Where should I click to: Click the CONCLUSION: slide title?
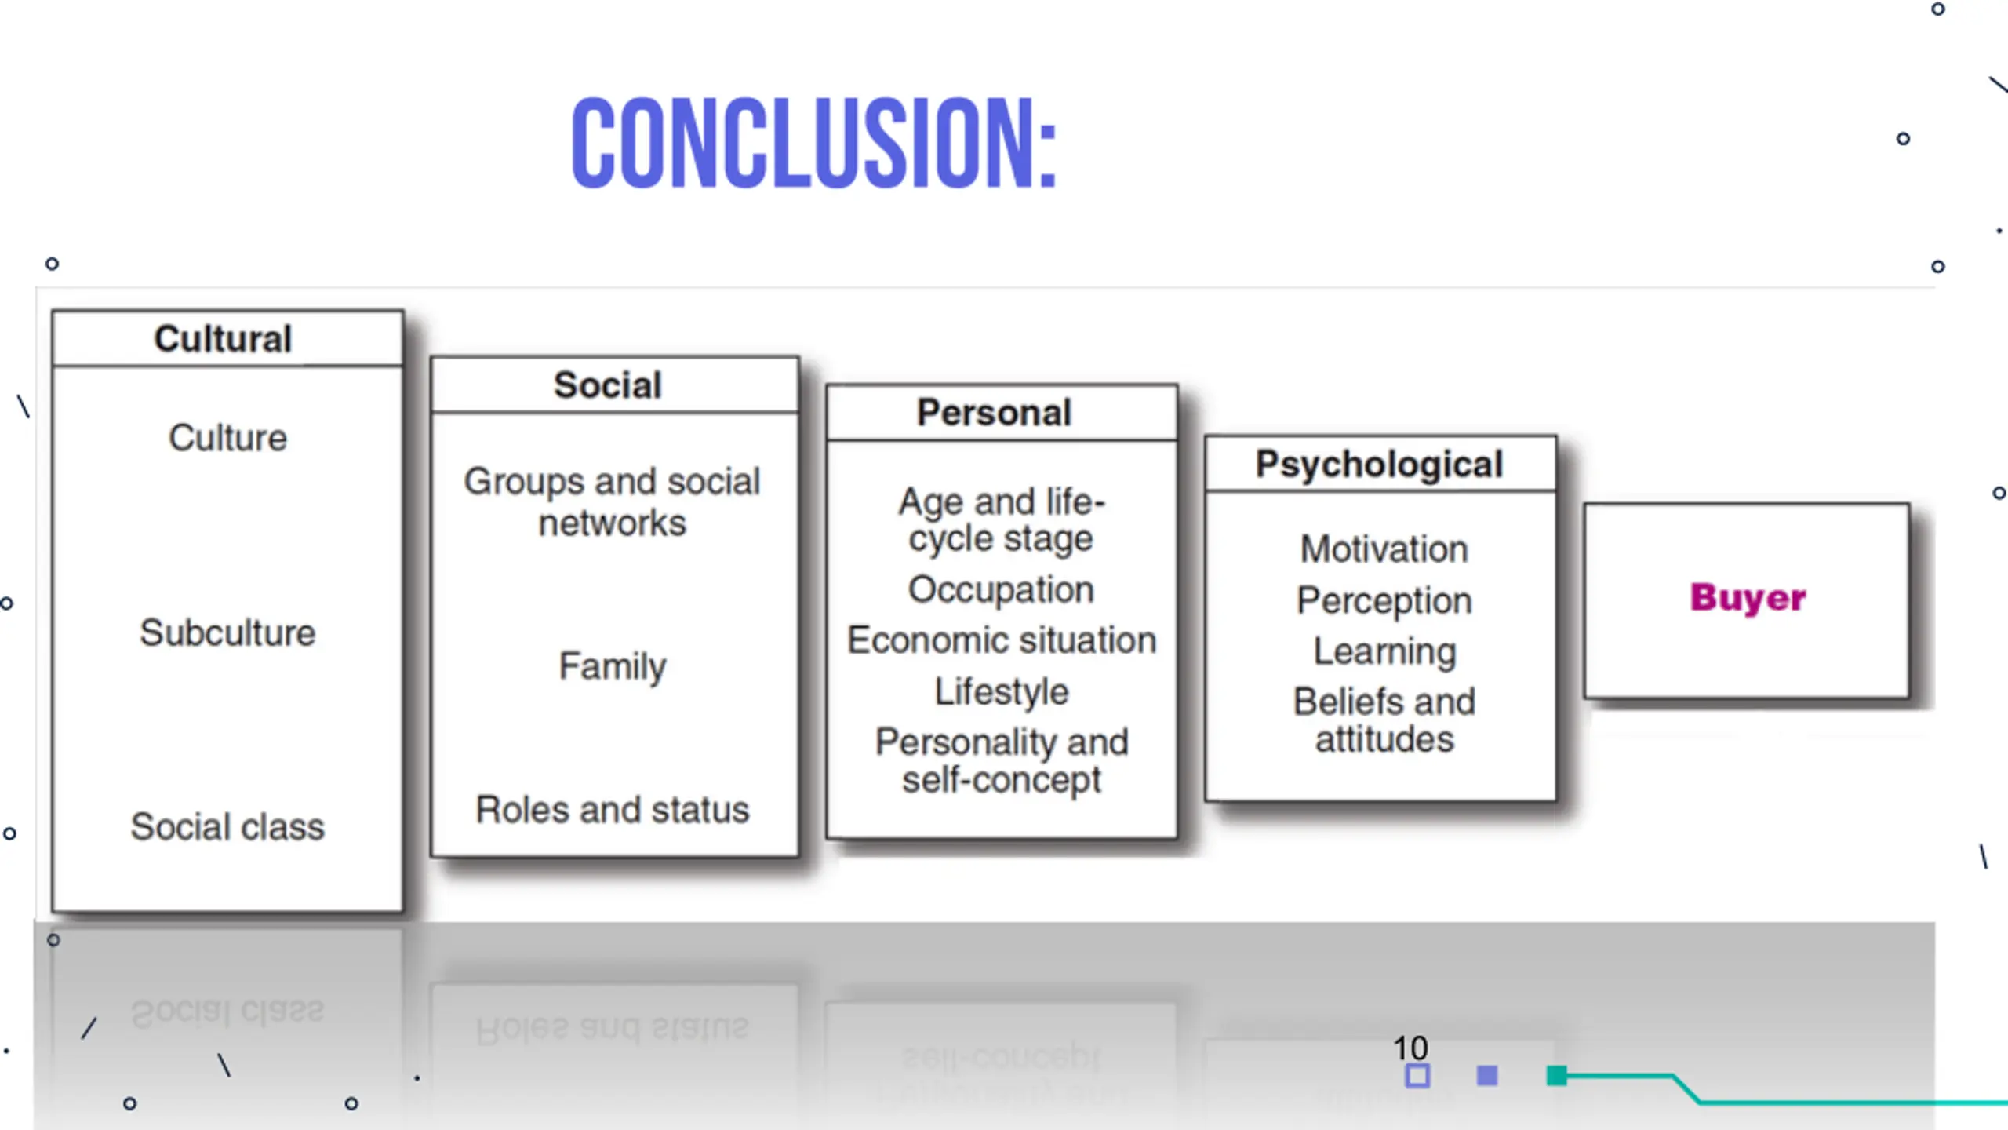coord(814,143)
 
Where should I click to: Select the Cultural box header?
coord(224,339)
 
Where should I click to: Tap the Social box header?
coord(608,385)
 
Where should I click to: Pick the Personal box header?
coord(995,413)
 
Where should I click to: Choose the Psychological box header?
coord(1379,464)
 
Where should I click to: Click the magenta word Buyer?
coord(1748,598)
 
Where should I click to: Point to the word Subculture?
coord(227,632)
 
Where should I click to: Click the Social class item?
coord(227,826)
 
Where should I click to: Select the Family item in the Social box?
coord(613,666)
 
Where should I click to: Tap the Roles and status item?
coord(613,810)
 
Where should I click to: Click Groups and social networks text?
coord(613,501)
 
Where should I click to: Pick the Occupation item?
coord(1001,589)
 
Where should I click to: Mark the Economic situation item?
coord(1002,640)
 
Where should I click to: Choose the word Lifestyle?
coord(1002,691)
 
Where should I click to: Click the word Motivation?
coord(1384,549)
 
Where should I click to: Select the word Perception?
coord(1384,600)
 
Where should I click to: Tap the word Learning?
coord(1384,651)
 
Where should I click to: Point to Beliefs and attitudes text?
coord(1384,720)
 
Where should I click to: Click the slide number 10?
coord(1410,1048)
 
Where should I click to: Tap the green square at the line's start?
coord(1557,1076)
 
